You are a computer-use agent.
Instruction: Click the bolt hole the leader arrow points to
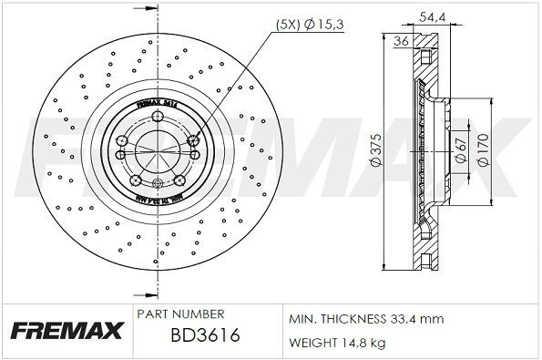click(x=192, y=139)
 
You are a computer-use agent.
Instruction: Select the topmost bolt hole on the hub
click(x=156, y=117)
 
